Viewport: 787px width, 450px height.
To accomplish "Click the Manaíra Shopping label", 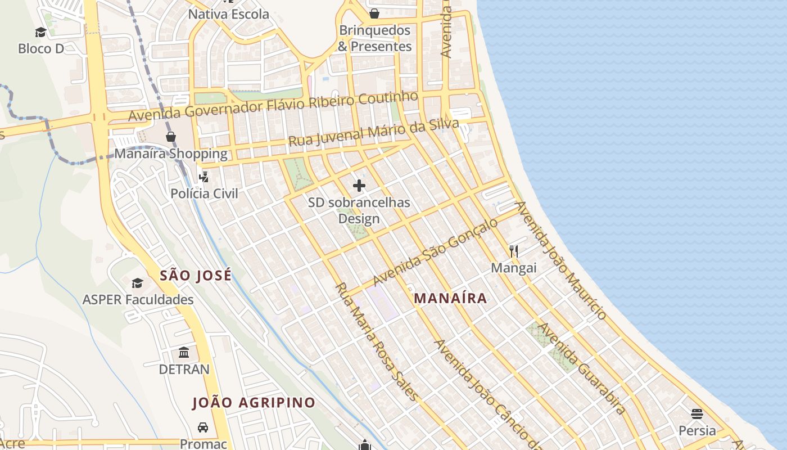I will click(171, 154).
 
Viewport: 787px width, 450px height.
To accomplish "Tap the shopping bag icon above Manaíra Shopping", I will click(171, 137).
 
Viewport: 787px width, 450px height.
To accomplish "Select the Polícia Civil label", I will click(204, 193).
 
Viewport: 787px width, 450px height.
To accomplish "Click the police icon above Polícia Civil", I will click(204, 177).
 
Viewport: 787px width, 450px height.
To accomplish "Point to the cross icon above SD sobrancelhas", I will click(359, 186).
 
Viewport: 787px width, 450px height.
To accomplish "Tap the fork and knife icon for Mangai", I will click(514, 251).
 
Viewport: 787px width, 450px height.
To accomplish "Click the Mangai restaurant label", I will click(514, 268).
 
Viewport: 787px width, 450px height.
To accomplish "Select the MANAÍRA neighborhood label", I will click(450, 298).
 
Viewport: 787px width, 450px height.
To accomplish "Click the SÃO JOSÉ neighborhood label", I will click(196, 276).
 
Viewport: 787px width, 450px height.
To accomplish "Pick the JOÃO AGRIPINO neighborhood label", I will click(254, 403).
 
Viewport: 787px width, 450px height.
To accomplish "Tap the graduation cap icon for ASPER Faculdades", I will click(137, 283).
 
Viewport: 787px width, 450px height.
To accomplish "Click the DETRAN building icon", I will click(184, 353).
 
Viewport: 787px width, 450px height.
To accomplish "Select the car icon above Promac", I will click(203, 427).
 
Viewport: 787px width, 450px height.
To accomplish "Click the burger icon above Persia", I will click(697, 414).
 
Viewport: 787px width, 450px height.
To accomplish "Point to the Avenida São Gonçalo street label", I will click(436, 251).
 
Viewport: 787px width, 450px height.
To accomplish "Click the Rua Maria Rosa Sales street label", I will click(377, 341).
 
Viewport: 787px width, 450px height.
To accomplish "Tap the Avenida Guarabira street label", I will click(582, 368).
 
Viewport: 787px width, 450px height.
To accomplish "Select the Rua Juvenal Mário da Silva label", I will click(373, 133).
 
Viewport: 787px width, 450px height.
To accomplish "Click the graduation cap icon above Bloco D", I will click(40, 32).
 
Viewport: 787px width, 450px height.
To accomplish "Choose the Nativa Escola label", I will click(228, 14).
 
